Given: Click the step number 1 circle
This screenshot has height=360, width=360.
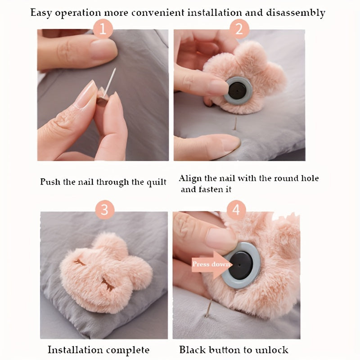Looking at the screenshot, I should click(x=103, y=30).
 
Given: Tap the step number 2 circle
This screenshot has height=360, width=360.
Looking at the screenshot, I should click(x=239, y=30).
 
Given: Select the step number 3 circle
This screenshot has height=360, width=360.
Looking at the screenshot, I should click(x=105, y=210).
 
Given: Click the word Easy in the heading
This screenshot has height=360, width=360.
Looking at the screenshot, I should click(x=42, y=13).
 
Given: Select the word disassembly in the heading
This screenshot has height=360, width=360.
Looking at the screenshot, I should click(x=295, y=13).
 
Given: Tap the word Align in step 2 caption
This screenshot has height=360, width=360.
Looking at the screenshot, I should click(x=190, y=179).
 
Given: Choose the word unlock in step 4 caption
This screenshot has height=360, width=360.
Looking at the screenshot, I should click(x=272, y=350).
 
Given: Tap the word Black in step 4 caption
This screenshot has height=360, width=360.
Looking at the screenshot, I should click(x=192, y=350).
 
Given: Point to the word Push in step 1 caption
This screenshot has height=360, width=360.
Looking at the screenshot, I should click(x=49, y=182).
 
